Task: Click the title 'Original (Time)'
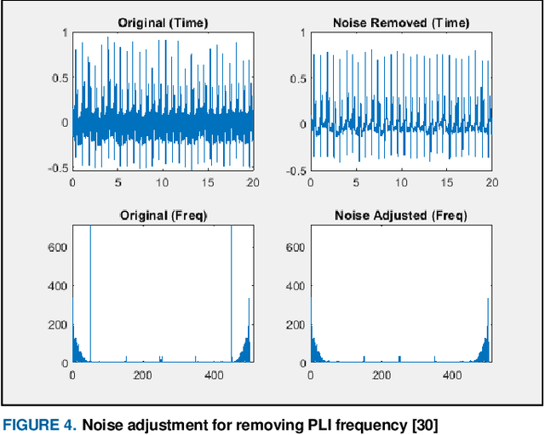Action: pos(163,22)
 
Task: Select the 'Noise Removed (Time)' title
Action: pos(400,22)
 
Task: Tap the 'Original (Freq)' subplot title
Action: pos(163,216)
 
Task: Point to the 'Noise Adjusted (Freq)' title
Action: pos(400,216)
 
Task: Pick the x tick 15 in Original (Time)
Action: pos(209,182)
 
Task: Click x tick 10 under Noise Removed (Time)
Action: pos(400,182)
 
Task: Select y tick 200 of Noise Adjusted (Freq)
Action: pos(294,324)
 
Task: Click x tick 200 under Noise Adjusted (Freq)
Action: pos(381,376)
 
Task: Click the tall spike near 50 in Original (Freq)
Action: pos(90,289)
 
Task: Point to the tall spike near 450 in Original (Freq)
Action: pos(232,289)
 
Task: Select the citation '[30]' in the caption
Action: pos(422,425)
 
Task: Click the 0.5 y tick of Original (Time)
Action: pos(58,77)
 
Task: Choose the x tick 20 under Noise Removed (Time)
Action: pos(491,182)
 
